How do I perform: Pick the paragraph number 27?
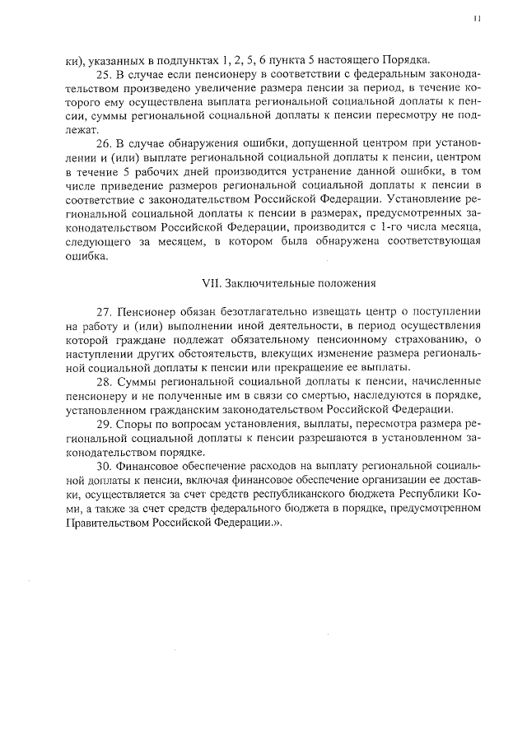[x=103, y=314]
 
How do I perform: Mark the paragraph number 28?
[x=103, y=383]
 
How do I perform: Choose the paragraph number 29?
[x=103, y=424]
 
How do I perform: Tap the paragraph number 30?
[x=103, y=466]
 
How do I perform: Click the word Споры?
[x=136, y=424]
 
